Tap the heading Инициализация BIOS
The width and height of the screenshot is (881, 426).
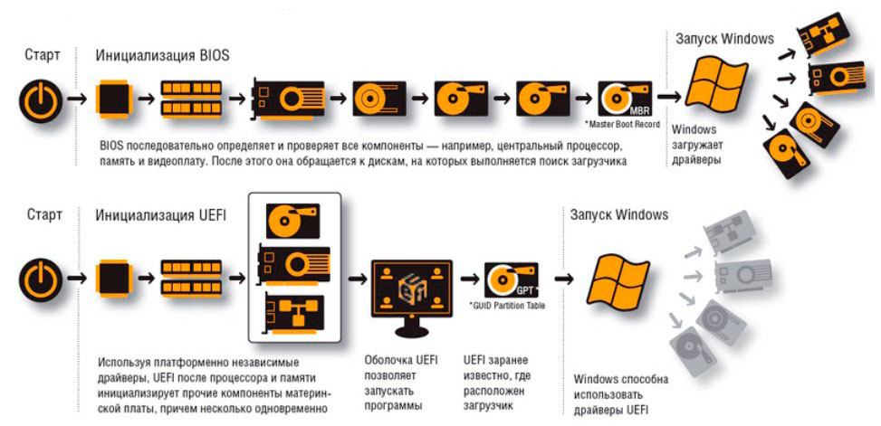click(163, 55)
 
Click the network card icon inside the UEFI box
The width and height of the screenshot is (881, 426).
click(292, 310)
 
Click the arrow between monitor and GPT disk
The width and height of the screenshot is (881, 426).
click(471, 278)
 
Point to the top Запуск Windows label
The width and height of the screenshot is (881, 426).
click(724, 39)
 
